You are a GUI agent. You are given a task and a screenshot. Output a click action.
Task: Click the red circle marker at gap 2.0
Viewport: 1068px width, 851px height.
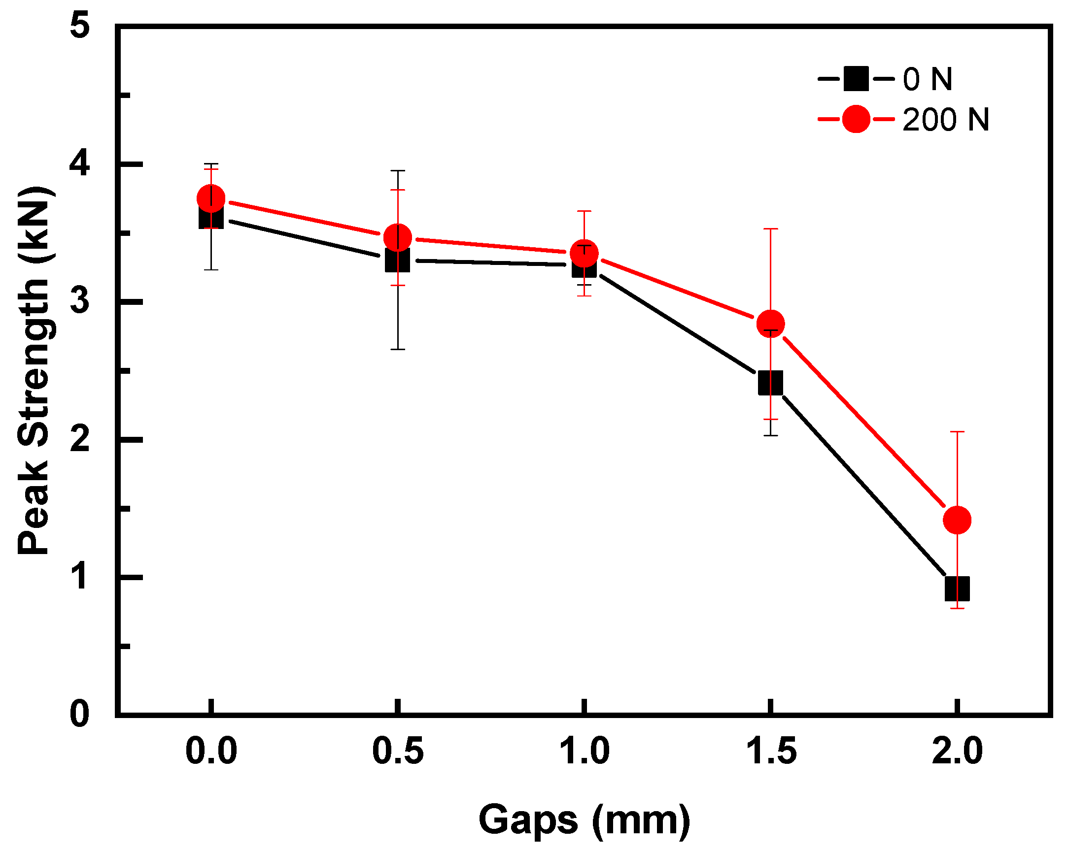957,520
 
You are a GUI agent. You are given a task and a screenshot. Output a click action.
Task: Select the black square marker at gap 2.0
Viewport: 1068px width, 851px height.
957,589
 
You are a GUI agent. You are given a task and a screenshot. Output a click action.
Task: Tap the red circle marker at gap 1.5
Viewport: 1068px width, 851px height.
770,324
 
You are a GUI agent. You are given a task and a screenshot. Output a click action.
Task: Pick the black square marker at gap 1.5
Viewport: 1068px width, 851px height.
770,383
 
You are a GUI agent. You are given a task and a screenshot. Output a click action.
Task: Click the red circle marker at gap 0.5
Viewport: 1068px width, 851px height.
397,238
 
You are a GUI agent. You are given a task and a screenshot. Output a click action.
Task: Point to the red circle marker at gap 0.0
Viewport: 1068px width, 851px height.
211,198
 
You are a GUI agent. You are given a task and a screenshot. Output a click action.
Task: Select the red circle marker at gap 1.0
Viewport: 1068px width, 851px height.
584,254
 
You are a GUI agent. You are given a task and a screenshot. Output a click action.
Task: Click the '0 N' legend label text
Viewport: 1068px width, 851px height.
928,79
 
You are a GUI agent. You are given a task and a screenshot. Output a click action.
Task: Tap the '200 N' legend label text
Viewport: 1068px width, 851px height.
945,120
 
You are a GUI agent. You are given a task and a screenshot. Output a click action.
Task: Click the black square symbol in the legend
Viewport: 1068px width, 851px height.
856,79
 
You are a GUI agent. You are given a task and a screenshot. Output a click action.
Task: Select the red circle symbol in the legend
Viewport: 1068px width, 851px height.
856,119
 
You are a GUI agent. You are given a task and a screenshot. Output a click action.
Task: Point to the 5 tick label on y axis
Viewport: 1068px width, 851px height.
80,25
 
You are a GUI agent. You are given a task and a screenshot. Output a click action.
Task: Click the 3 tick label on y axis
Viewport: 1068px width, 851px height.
80,301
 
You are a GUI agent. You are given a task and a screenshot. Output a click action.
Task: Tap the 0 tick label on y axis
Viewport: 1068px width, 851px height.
80,715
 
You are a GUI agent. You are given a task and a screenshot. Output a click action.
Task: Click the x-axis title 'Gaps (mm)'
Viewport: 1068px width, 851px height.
584,820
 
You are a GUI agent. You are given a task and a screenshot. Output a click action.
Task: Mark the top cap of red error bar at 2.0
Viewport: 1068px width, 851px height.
957,432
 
